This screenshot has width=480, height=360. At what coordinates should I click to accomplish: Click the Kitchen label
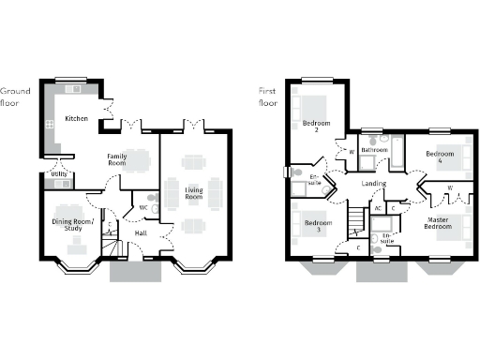(77, 119)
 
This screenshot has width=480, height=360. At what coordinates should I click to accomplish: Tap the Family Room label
(117, 158)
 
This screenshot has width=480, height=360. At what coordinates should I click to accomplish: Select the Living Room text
(194, 193)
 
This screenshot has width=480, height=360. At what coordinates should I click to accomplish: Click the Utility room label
(58, 174)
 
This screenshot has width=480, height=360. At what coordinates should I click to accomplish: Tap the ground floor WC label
(143, 207)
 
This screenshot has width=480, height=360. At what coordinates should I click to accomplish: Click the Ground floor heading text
(15, 96)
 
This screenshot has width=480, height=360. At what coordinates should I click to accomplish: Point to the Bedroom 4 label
(440, 157)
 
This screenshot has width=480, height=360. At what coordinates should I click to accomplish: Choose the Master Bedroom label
(438, 223)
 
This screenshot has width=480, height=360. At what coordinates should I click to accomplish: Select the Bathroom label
(376, 150)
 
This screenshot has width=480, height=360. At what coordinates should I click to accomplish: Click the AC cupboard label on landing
(378, 207)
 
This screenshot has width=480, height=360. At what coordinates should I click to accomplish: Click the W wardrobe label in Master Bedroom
(450, 188)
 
